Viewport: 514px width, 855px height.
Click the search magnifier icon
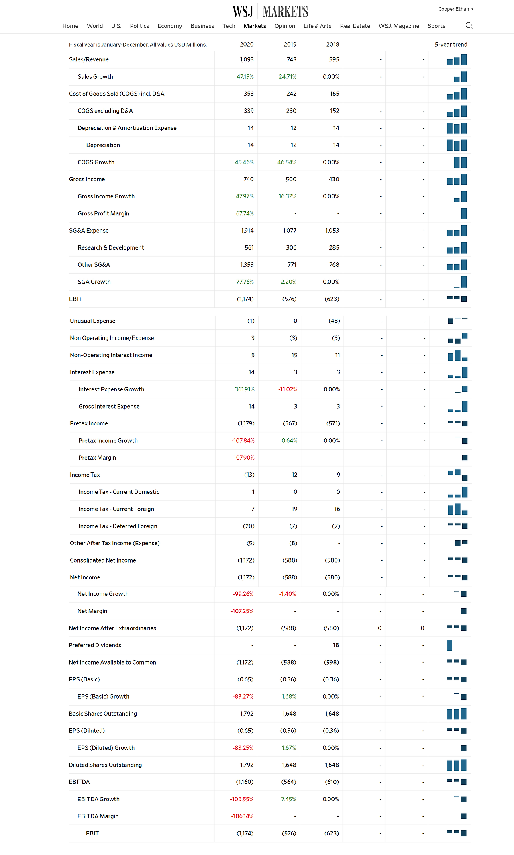(469, 26)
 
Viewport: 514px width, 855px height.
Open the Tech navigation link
(229, 26)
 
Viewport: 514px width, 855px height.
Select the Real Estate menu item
(355, 26)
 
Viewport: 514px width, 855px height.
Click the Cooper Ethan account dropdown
(456, 9)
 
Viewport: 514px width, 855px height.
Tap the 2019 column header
(290, 45)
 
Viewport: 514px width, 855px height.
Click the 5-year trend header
(451, 45)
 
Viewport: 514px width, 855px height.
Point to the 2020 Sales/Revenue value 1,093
(247, 59)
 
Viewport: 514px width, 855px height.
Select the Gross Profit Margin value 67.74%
(245, 213)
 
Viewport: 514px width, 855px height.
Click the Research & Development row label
(111, 247)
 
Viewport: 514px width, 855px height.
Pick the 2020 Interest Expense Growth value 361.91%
(245, 389)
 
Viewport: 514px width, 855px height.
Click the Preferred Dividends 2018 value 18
(336, 645)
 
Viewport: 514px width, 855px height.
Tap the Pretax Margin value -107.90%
(243, 458)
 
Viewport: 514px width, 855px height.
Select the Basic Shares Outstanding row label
(103, 714)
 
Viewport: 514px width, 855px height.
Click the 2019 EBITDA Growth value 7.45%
(289, 799)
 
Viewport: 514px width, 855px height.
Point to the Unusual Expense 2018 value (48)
(334, 321)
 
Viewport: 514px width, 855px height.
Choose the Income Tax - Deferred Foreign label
(118, 526)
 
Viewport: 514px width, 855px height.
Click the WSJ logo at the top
(243, 11)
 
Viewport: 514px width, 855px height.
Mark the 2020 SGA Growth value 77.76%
(245, 282)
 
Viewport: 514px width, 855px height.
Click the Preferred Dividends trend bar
(449, 645)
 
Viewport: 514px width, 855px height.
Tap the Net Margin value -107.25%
(242, 611)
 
